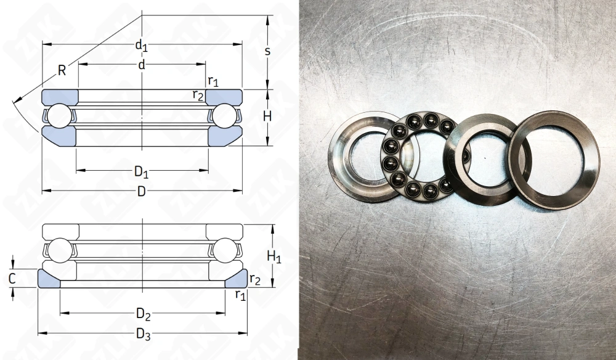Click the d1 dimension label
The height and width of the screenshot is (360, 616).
click(142, 46)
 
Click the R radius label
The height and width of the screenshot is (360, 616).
click(62, 70)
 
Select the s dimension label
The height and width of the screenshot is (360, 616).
click(267, 51)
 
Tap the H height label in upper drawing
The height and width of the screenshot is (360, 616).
click(267, 117)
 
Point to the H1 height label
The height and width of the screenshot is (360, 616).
click(274, 257)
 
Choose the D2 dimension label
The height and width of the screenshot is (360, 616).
click(144, 314)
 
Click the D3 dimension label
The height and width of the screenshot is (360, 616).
click(144, 334)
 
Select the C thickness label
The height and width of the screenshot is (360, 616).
click(12, 279)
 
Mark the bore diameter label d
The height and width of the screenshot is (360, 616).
click(142, 65)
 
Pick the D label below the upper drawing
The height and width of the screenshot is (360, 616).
click(142, 191)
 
